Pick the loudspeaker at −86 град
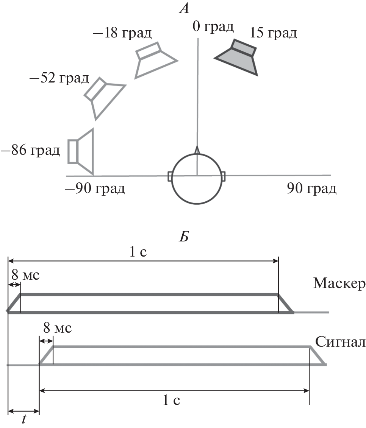tap(81, 151)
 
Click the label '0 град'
tap(213, 27)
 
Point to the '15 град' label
tap(273, 33)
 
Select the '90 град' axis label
tap(311, 188)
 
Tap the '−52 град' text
tap(59, 79)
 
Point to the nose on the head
tap(197, 150)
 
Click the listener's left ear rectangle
tap(170, 176)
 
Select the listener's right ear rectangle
tap(223, 176)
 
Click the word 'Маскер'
tap(339, 283)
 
